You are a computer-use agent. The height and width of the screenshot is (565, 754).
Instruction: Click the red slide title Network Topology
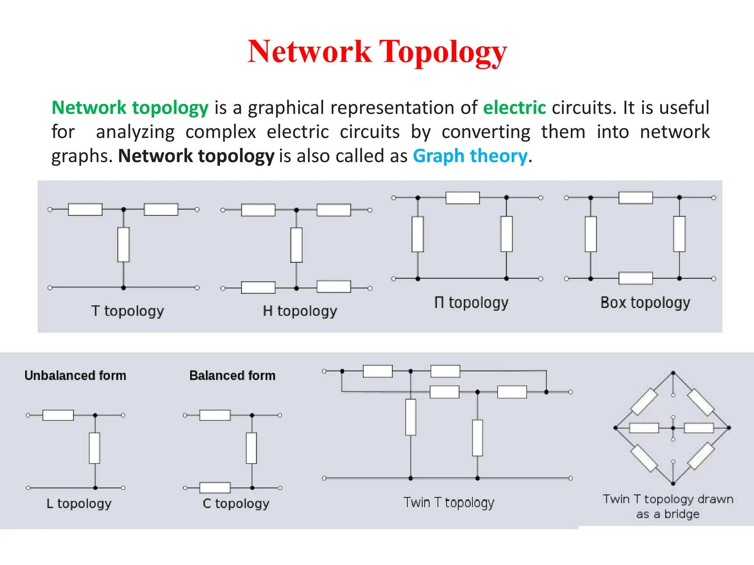(377, 52)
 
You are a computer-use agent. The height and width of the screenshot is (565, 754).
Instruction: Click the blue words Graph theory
(470, 156)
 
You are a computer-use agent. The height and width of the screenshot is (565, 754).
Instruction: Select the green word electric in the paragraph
(514, 108)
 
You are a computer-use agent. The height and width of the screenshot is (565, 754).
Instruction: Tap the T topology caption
(127, 311)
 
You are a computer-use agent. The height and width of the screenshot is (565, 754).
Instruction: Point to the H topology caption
(300, 311)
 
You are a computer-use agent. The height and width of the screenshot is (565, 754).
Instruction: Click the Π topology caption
(471, 303)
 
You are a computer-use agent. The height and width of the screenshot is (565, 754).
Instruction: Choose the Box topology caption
(645, 303)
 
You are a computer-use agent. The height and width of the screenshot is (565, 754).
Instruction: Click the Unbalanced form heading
(75, 376)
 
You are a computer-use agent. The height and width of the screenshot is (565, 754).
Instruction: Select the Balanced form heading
(232, 376)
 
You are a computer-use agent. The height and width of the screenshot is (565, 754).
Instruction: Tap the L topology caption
(79, 503)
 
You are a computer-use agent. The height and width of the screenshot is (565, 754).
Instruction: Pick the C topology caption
(236, 503)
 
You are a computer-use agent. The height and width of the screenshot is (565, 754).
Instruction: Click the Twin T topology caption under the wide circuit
(448, 502)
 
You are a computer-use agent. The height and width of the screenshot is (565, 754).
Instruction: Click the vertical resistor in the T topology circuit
(123, 245)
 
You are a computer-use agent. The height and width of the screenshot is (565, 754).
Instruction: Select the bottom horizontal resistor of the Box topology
(635, 278)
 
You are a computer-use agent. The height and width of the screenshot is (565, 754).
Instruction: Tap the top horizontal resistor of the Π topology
(462, 198)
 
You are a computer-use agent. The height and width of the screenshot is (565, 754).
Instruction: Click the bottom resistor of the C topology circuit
(215, 488)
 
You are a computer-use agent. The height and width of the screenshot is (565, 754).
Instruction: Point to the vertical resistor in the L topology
(95, 448)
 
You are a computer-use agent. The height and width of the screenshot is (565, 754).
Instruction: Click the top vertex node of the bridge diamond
(673, 373)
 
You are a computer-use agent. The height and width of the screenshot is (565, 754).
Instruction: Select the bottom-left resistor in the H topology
(258, 287)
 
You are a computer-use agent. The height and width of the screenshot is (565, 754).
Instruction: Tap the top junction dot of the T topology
(124, 209)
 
